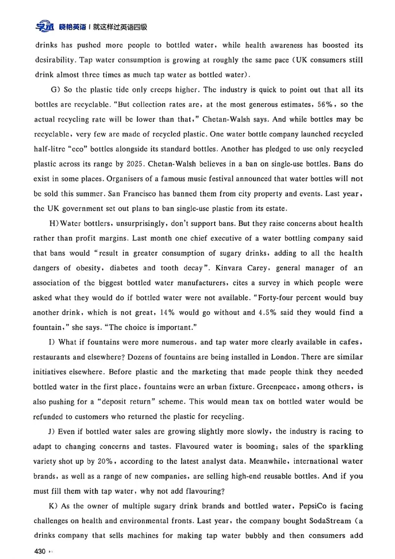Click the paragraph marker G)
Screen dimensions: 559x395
coord(55,89)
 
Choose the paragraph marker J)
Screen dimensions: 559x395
coord(54,432)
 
